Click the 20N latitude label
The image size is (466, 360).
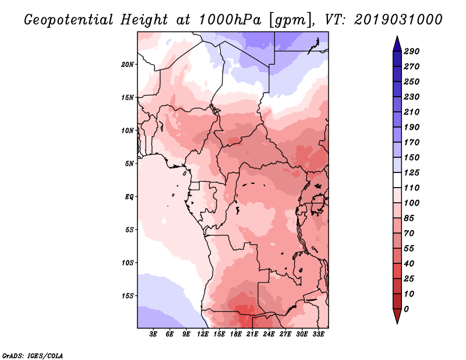(128, 65)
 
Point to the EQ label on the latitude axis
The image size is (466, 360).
(129, 197)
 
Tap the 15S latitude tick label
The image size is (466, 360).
(128, 296)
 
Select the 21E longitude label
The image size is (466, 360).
(252, 334)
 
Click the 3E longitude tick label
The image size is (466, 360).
(153, 334)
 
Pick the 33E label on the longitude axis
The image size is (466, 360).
(318, 334)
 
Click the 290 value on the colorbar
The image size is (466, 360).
(412, 51)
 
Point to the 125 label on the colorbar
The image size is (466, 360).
(412, 172)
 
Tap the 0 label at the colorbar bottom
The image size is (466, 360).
(406, 309)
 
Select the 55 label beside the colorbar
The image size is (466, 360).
(409, 249)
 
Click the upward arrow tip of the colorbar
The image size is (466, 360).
(397, 36)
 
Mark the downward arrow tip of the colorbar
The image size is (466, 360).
(397, 323)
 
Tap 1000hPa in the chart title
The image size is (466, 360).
(230, 20)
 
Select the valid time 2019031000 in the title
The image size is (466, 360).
(398, 20)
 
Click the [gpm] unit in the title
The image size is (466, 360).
(291, 20)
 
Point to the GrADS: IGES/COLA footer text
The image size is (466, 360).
(33, 356)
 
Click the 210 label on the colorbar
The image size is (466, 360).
(412, 112)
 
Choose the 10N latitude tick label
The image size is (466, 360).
(128, 131)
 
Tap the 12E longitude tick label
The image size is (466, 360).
(202, 334)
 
